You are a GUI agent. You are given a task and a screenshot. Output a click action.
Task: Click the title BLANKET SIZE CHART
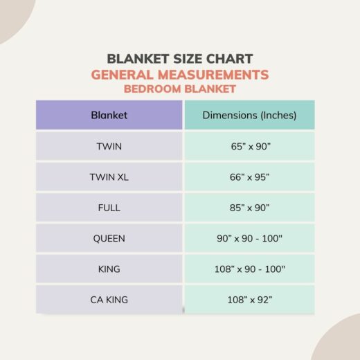[x=179, y=59]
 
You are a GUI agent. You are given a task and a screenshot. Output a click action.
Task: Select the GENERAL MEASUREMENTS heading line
[x=179, y=75]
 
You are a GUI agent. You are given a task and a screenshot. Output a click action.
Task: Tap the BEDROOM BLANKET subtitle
[x=179, y=89]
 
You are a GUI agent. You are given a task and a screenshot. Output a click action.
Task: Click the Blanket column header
[x=109, y=116]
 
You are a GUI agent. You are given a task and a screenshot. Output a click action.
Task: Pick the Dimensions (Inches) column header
[x=249, y=116]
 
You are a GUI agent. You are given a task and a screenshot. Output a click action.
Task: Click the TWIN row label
[x=109, y=146]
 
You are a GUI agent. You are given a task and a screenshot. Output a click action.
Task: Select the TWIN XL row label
[x=109, y=177]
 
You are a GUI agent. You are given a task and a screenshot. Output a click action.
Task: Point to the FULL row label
[x=109, y=208]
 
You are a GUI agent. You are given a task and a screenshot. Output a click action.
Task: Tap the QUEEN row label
[x=109, y=238]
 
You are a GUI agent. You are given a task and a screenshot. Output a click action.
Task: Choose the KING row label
[x=109, y=269]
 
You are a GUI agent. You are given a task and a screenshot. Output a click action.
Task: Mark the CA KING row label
[x=109, y=300]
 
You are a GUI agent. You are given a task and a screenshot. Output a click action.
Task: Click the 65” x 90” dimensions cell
[x=249, y=146]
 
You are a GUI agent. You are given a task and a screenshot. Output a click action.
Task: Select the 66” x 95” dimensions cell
[x=249, y=177]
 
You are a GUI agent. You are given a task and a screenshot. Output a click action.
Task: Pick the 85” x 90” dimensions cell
[x=249, y=208]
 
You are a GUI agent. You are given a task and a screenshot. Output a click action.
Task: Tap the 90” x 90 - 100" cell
[x=249, y=238]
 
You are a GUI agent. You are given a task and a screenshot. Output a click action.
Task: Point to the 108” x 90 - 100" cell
[x=249, y=269]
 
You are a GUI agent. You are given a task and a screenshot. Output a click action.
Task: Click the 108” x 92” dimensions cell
[x=249, y=300]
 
